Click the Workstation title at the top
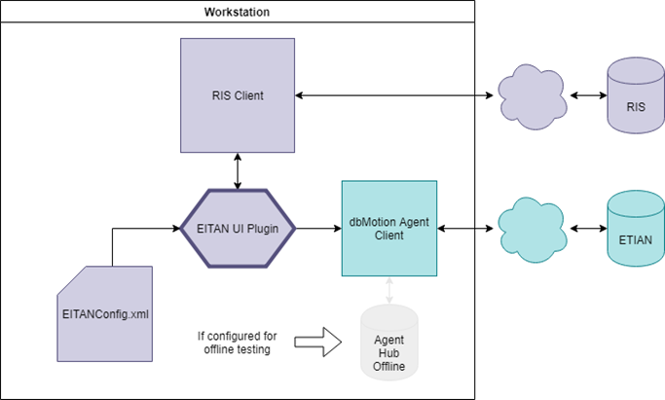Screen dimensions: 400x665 [x=237, y=12]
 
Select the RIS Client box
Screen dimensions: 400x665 [x=239, y=95]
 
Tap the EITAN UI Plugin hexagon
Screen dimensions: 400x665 [x=239, y=229]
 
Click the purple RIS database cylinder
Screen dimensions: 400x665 [x=634, y=95]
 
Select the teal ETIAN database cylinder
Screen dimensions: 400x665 [x=634, y=229]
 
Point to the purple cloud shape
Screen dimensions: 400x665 [x=531, y=95]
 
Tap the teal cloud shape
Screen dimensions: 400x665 [x=531, y=229]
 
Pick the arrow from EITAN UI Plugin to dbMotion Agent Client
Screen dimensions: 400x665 [x=318, y=229]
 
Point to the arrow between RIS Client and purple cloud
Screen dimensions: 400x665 [x=394, y=95]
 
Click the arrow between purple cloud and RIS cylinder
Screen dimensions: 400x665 [x=587, y=95]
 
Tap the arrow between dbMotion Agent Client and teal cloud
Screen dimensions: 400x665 [x=467, y=229]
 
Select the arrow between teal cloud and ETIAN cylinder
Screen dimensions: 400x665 [x=587, y=229]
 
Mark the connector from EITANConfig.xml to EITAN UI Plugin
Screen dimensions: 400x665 [x=114, y=243]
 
